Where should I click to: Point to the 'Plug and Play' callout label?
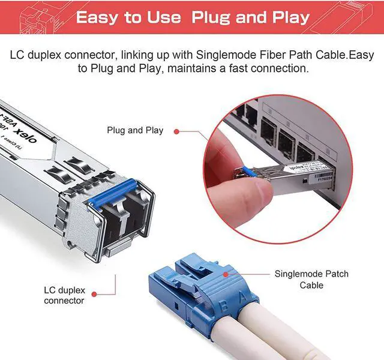[135, 130]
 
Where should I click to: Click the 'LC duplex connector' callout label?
[65, 295]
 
